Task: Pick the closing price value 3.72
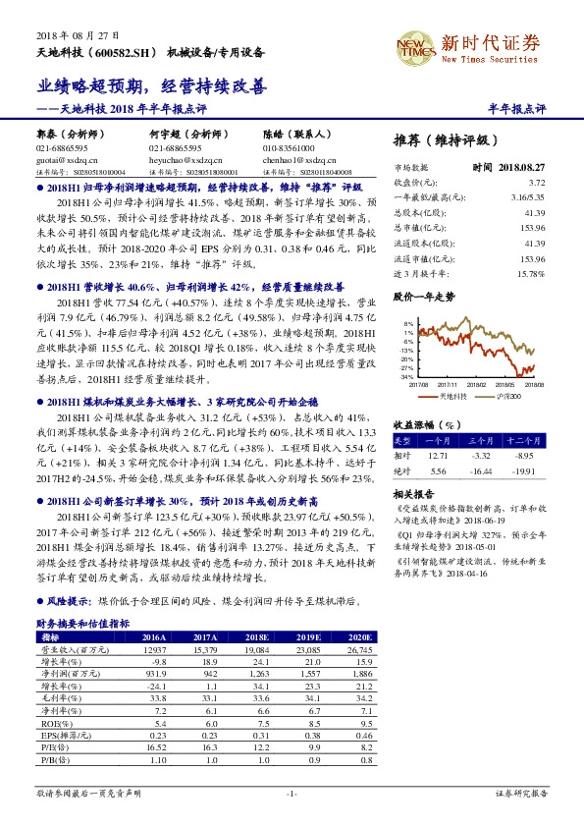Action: click(535, 183)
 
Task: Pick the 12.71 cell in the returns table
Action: click(439, 456)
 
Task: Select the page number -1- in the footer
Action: click(291, 793)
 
